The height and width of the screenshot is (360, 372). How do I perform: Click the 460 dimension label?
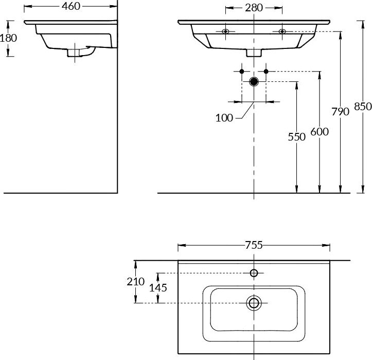click(70, 7)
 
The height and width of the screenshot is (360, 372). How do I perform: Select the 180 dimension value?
click(8, 38)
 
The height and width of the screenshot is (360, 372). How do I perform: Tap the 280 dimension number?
click(254, 8)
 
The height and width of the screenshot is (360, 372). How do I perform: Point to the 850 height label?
click(363, 107)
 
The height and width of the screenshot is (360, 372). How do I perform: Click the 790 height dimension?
click(341, 111)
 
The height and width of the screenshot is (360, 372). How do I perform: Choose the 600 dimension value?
click(319, 132)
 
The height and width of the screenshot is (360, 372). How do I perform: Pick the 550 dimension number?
click(297, 136)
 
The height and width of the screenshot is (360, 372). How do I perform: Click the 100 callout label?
click(224, 117)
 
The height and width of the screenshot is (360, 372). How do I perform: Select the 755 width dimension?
click(254, 245)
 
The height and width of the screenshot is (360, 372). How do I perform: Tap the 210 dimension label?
click(136, 282)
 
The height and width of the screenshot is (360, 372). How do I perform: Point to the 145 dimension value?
click(158, 287)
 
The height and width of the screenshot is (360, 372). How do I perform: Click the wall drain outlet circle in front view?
click(254, 81)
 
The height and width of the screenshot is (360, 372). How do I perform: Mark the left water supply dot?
click(242, 71)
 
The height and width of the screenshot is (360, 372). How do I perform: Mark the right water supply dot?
click(266, 71)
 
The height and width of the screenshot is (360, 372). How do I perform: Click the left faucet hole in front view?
click(225, 32)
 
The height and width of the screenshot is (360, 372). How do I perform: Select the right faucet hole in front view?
click(282, 32)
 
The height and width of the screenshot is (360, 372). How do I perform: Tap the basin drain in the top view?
click(254, 302)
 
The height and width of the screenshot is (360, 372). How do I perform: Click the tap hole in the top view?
click(254, 273)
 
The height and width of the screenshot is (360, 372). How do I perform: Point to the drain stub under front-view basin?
click(254, 52)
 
